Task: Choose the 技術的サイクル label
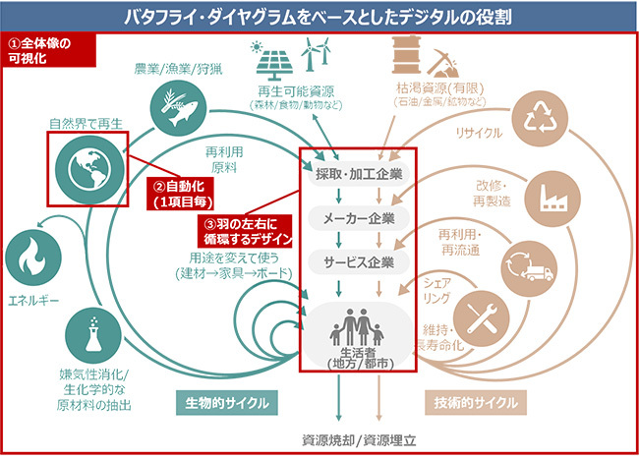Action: pyautogui.click(x=476, y=404)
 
